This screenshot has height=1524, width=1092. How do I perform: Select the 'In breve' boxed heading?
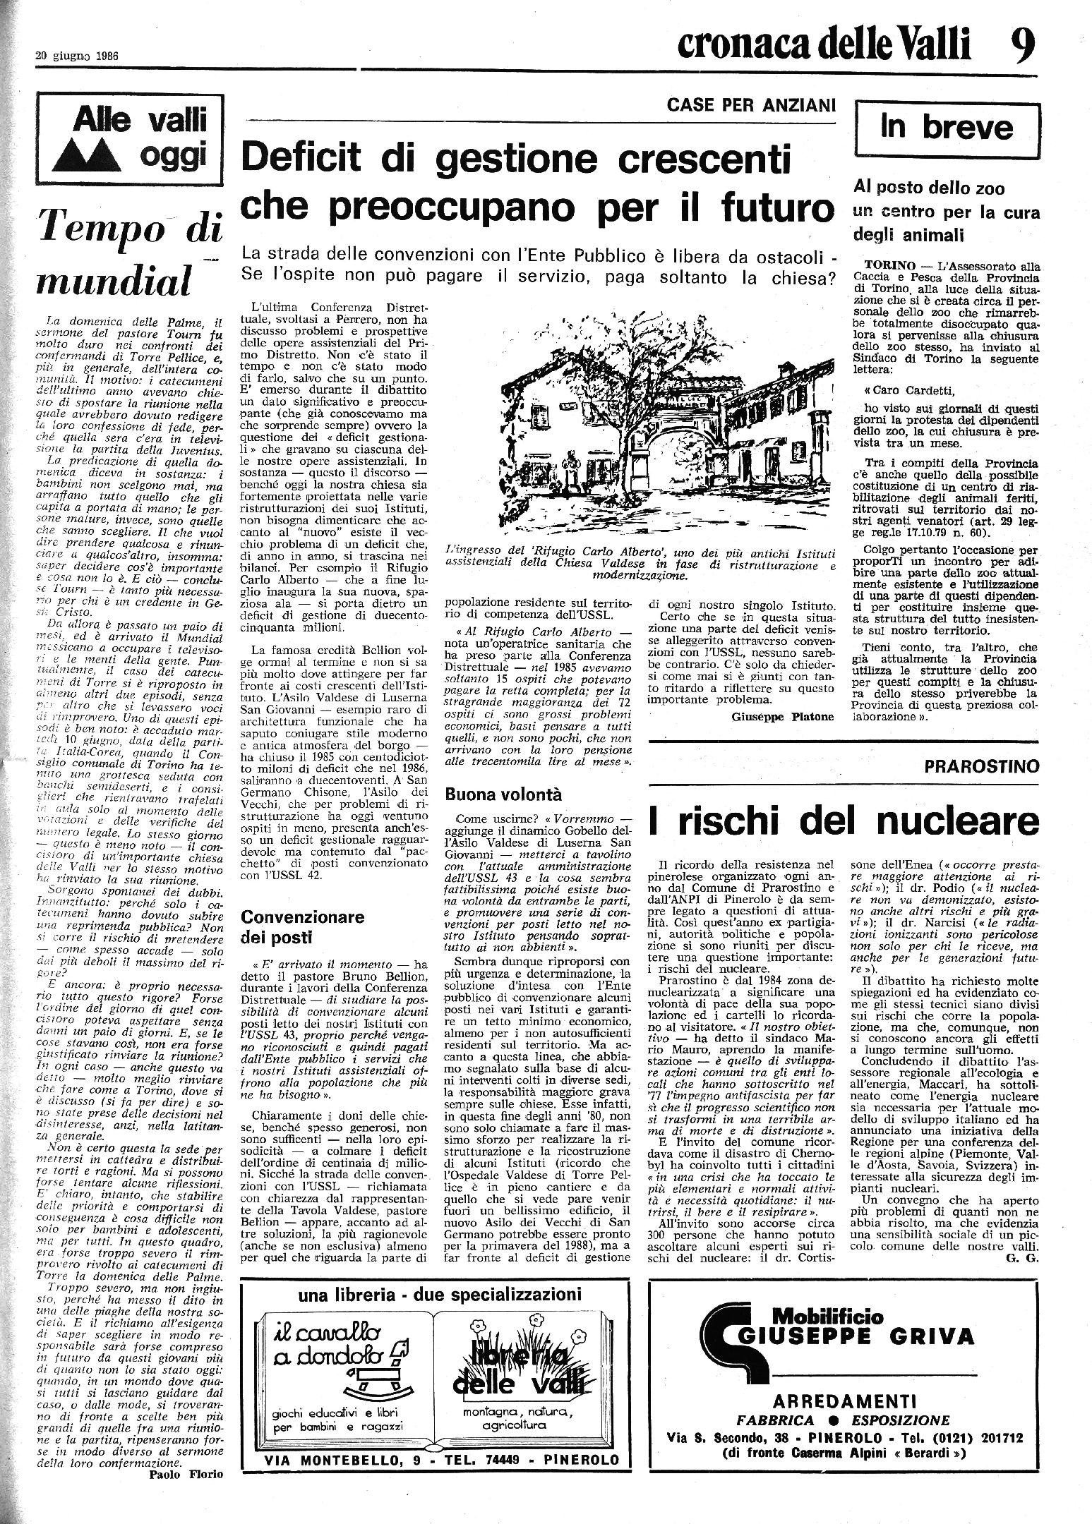[x=946, y=128]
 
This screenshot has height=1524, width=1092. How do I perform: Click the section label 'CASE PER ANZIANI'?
[x=751, y=105]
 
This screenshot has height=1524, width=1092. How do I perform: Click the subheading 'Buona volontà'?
[x=503, y=794]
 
